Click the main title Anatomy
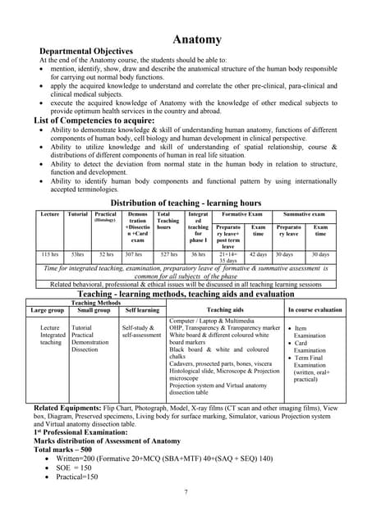point(197,39)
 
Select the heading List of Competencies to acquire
point(95,121)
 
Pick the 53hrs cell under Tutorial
point(78,255)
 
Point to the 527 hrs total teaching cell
point(169,255)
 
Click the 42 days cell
point(258,255)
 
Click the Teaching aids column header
point(224,311)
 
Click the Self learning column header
point(141,311)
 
